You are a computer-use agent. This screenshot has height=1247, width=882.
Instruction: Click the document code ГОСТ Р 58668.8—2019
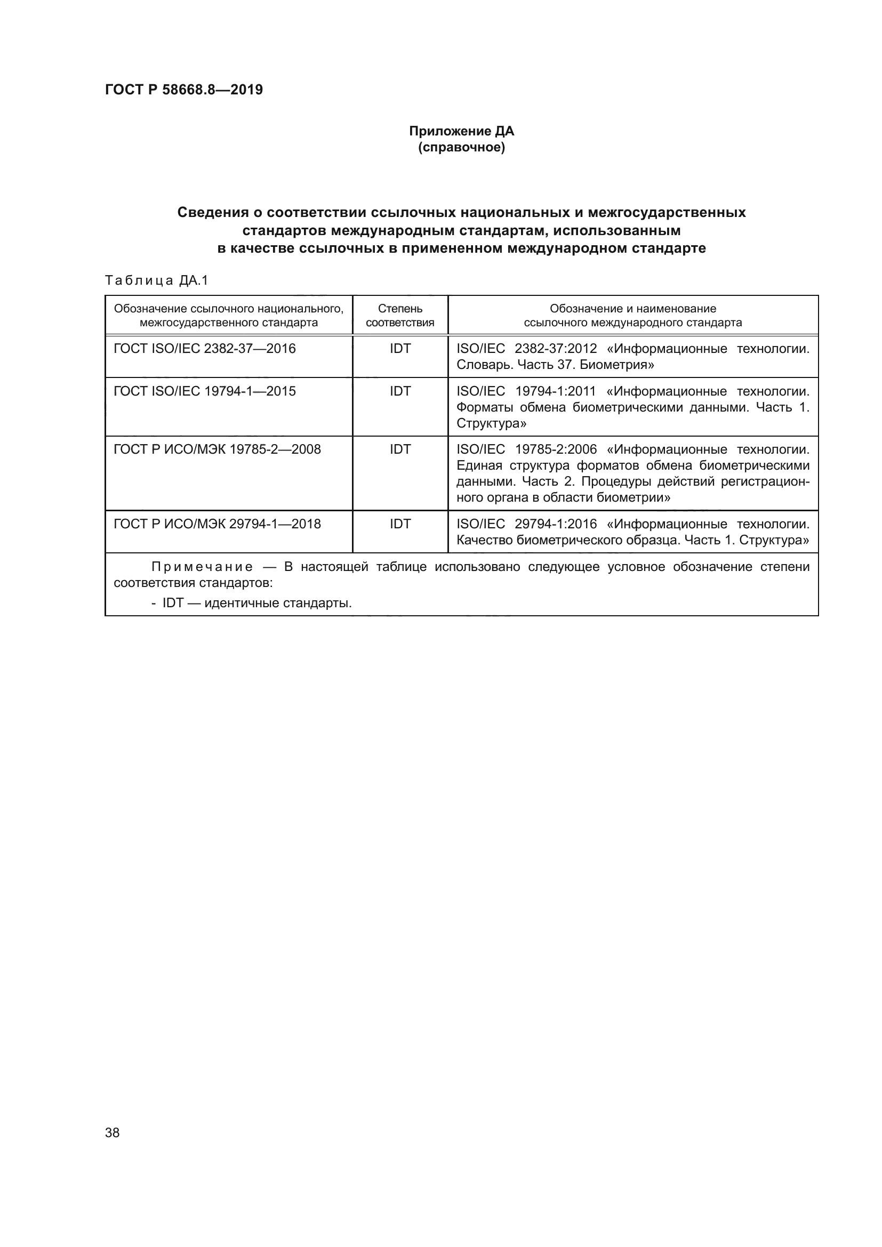tap(183, 90)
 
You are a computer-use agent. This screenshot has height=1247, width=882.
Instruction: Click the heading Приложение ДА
tap(461, 131)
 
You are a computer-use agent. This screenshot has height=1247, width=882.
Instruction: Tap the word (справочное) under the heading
tap(461, 147)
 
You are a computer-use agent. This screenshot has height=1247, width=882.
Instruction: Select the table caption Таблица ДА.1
tap(156, 280)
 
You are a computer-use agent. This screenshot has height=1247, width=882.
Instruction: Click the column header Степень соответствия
tap(400, 316)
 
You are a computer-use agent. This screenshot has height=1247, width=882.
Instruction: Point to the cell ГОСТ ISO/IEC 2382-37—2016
tap(204, 349)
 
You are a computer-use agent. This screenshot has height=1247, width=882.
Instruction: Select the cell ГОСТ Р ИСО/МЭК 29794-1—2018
tap(217, 524)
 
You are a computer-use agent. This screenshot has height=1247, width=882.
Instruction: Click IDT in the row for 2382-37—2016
tap(400, 349)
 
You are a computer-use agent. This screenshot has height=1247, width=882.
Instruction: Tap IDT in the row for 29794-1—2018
tap(400, 524)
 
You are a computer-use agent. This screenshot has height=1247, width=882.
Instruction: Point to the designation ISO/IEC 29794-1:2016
tap(526, 524)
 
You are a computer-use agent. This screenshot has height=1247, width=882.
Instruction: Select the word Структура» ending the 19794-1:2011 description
tap(491, 423)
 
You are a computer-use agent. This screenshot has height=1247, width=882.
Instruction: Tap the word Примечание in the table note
tap(202, 567)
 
